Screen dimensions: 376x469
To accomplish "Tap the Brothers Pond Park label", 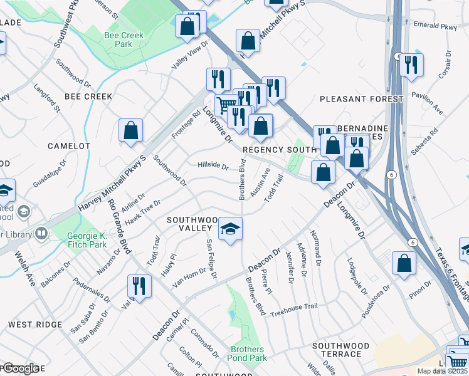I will (x=248, y=353).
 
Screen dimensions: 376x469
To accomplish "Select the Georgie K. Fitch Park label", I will (x=87, y=240).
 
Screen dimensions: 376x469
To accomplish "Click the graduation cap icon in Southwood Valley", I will (x=230, y=229).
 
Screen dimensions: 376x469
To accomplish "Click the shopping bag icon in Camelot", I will (x=131, y=131).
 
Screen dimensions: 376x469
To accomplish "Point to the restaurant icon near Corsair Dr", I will (x=411, y=65).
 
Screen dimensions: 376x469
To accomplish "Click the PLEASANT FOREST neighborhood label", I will (x=361, y=99).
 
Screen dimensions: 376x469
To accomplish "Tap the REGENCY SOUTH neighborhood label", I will (x=279, y=150).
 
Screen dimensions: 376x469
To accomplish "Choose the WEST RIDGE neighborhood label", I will (x=35, y=325).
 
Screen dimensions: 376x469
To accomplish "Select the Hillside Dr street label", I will (x=213, y=166).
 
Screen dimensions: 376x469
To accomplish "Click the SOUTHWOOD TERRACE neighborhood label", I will (x=341, y=350).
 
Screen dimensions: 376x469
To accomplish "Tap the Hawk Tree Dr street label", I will (x=143, y=211).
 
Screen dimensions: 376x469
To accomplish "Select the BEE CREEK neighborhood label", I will (x=88, y=97).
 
